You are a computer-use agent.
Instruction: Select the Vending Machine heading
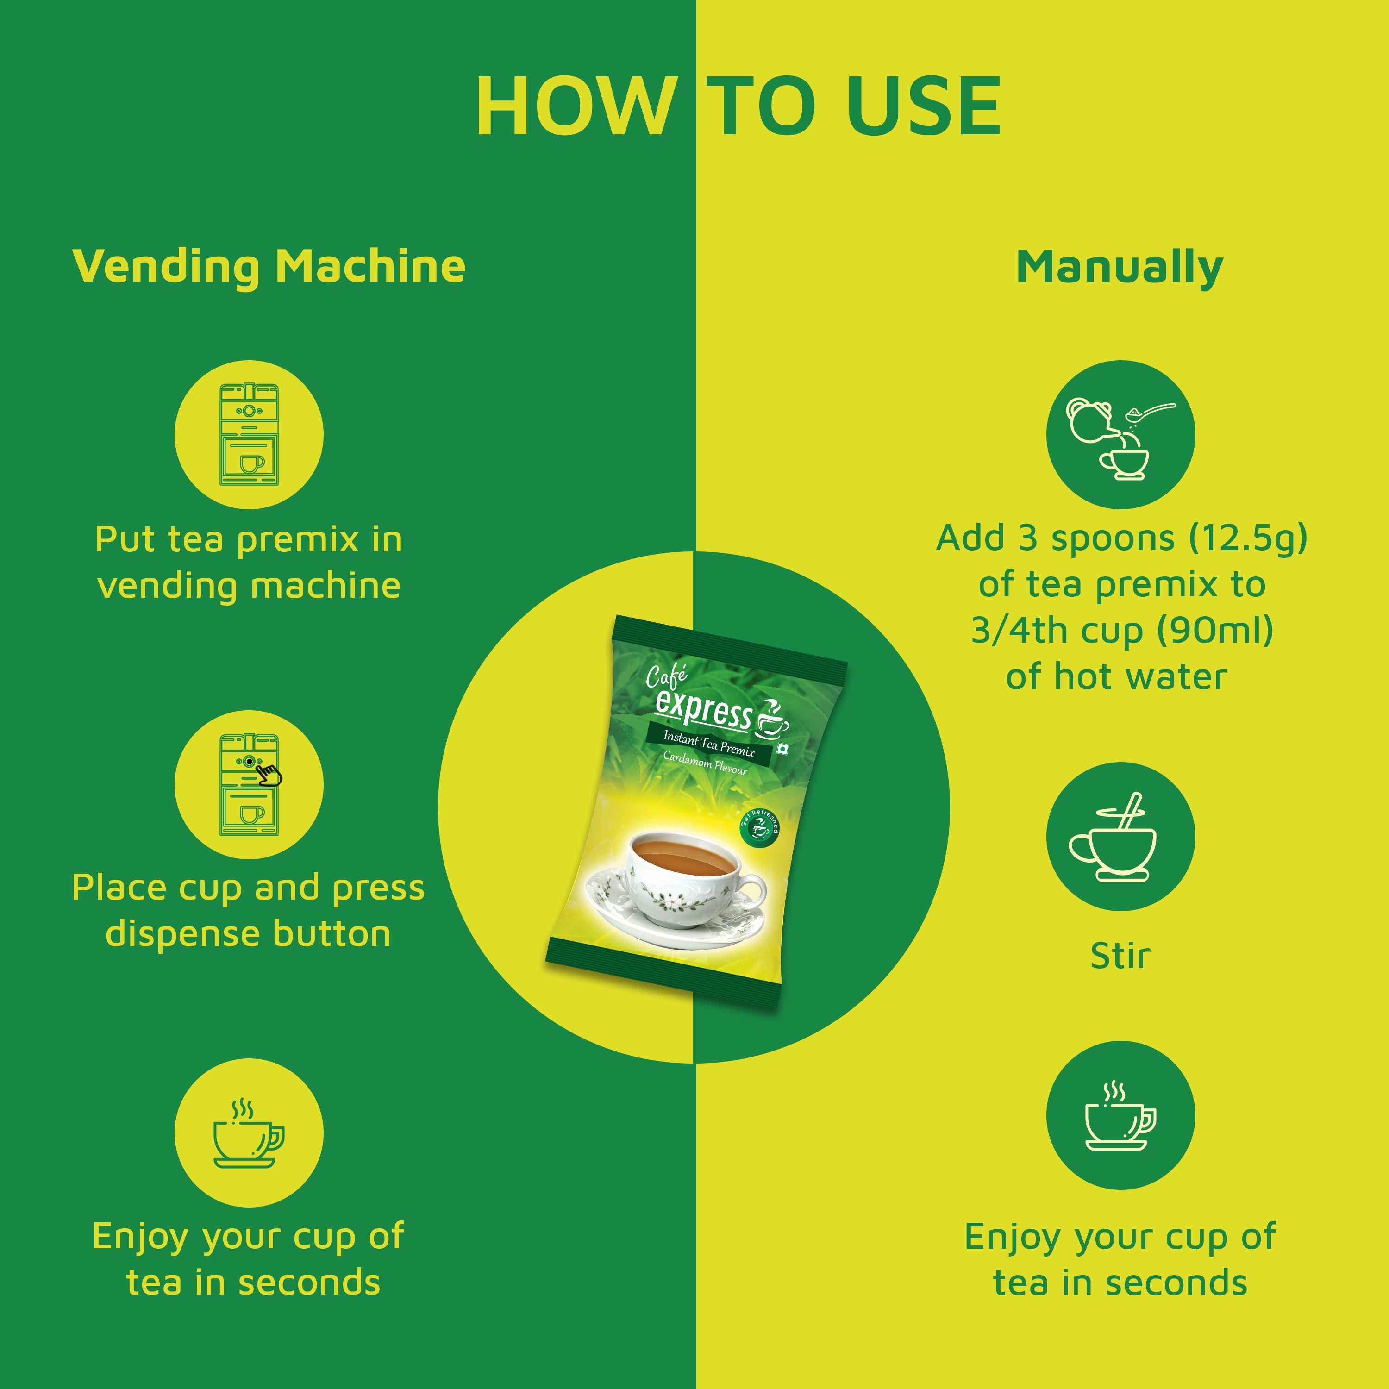coord(269,266)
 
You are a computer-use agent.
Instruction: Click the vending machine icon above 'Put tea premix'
coord(249,434)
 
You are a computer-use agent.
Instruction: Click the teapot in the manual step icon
coord(1091,420)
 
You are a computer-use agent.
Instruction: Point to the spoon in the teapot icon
coord(1150,411)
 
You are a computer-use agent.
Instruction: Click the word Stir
coord(1120,956)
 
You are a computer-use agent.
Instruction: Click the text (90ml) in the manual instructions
coord(1215,631)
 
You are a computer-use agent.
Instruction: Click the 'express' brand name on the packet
coord(703,709)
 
